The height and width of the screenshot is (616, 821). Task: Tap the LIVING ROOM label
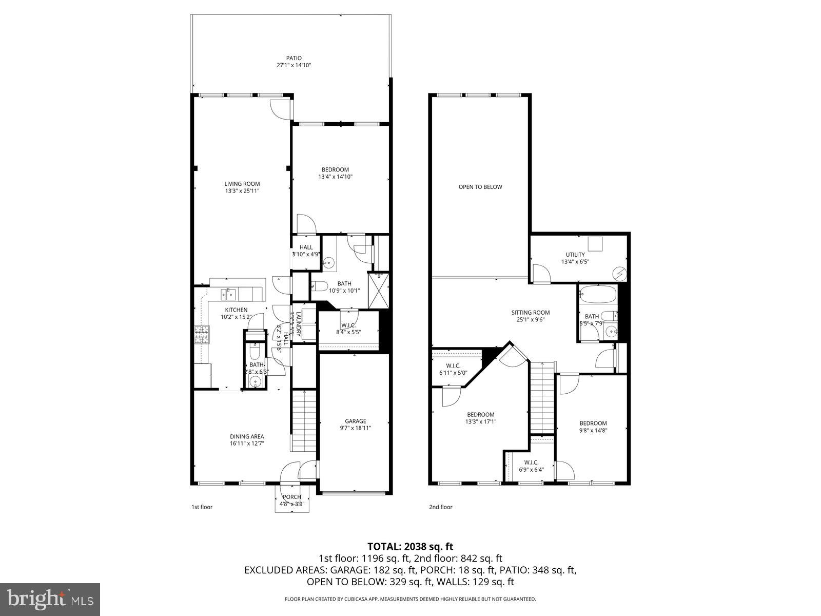pos(242,184)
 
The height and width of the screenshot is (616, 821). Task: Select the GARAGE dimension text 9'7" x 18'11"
pos(355,428)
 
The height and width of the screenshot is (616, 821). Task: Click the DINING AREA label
pos(247,436)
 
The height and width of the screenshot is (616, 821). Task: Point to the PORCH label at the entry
pos(292,497)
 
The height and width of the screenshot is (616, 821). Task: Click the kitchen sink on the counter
pos(229,294)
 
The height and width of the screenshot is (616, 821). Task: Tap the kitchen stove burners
pos(202,335)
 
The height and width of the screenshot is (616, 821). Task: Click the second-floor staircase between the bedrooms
pos(542,398)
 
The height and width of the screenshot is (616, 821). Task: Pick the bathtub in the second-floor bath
pos(597,295)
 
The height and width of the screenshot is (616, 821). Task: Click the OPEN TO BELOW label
pos(480,187)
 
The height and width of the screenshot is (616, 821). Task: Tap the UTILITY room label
pos(575,255)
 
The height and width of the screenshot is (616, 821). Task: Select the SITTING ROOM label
pos(530,312)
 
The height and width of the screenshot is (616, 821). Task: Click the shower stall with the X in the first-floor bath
pos(380,290)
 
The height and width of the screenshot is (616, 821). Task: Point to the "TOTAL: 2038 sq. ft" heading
pos(411,547)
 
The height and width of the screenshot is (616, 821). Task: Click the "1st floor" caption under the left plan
pos(202,507)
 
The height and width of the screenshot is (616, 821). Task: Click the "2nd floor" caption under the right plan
pos(441,507)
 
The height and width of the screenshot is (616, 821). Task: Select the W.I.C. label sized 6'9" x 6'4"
pos(528,463)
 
